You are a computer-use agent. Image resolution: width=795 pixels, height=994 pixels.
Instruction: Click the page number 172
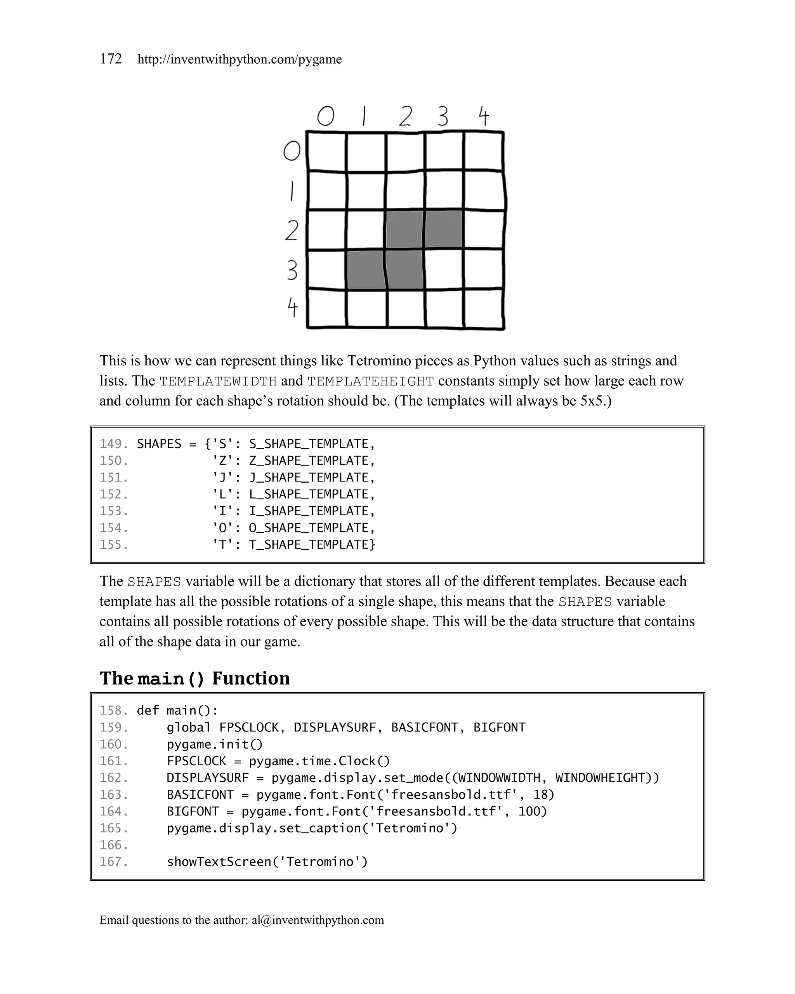click(111, 59)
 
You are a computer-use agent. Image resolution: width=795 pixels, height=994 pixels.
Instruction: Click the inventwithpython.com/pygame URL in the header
click(239, 59)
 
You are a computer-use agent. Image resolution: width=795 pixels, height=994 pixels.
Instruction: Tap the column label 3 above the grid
click(443, 116)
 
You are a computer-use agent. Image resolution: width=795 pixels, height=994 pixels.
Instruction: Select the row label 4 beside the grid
click(293, 308)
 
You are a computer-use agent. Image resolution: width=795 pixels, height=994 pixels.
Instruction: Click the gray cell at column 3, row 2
click(443, 229)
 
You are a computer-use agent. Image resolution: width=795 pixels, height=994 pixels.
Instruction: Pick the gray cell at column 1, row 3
click(366, 270)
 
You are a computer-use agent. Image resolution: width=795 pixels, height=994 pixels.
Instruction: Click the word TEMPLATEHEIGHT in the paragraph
click(371, 382)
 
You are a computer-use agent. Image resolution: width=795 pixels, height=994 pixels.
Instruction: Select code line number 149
click(113, 444)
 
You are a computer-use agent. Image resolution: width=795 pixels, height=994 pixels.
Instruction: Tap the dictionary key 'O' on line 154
click(226, 528)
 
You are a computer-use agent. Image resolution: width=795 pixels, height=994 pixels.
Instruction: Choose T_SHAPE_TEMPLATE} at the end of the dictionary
click(312, 544)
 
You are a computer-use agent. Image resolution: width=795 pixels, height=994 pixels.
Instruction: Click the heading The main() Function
click(194, 678)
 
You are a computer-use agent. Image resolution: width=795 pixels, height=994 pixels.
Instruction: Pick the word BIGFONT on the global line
click(499, 728)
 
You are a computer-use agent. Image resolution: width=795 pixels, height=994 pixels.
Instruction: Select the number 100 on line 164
click(532, 812)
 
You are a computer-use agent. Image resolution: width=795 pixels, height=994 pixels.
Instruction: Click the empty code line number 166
click(113, 845)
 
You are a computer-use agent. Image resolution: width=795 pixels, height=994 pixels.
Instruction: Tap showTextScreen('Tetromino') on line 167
click(267, 862)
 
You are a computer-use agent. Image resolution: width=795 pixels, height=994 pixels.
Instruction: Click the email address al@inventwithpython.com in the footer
click(318, 920)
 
